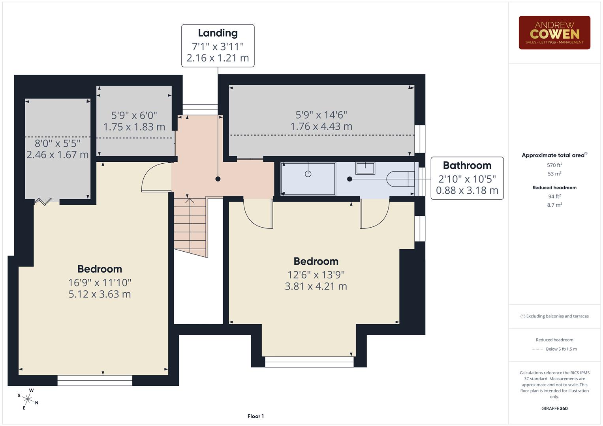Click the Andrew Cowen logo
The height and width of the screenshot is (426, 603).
[x=554, y=32]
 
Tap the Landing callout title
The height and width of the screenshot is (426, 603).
[x=218, y=33]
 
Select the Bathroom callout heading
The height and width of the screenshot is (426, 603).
[x=467, y=165]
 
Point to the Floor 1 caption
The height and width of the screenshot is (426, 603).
[x=255, y=416]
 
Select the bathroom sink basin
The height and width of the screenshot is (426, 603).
[x=365, y=168]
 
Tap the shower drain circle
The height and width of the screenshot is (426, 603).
[x=308, y=174]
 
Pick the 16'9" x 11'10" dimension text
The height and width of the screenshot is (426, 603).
[x=100, y=282]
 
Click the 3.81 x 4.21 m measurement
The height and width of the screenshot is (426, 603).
[x=316, y=286]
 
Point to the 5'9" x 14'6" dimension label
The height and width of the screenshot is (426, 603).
[x=321, y=115]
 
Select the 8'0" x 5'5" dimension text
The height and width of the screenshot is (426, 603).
[x=58, y=143]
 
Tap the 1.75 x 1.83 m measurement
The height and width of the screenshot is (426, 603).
[x=134, y=127]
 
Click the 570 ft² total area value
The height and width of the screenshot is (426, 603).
[x=554, y=165]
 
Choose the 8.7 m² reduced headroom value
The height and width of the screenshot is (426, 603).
[x=554, y=205]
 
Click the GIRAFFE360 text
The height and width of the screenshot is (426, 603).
[x=554, y=408]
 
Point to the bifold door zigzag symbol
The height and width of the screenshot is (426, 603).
[x=43, y=202]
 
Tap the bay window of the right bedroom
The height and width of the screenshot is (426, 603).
[x=309, y=361]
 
